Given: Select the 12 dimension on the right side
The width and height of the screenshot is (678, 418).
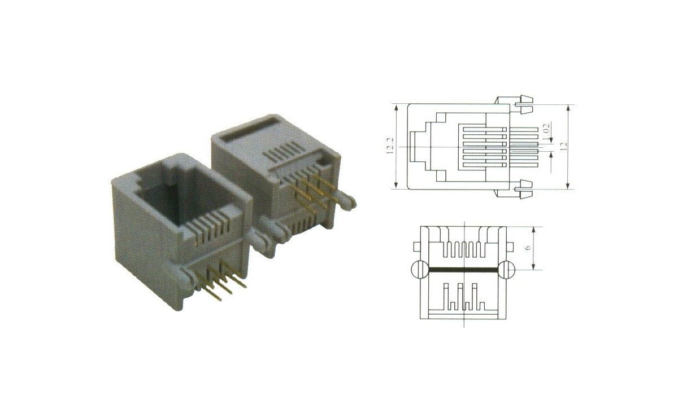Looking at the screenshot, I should click(563, 145).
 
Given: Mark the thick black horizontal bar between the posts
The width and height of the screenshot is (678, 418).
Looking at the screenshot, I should click(463, 270).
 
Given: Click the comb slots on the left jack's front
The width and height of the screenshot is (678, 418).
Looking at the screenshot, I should click(209, 231).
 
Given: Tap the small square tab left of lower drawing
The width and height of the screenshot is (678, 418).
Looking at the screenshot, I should click(417, 246).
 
